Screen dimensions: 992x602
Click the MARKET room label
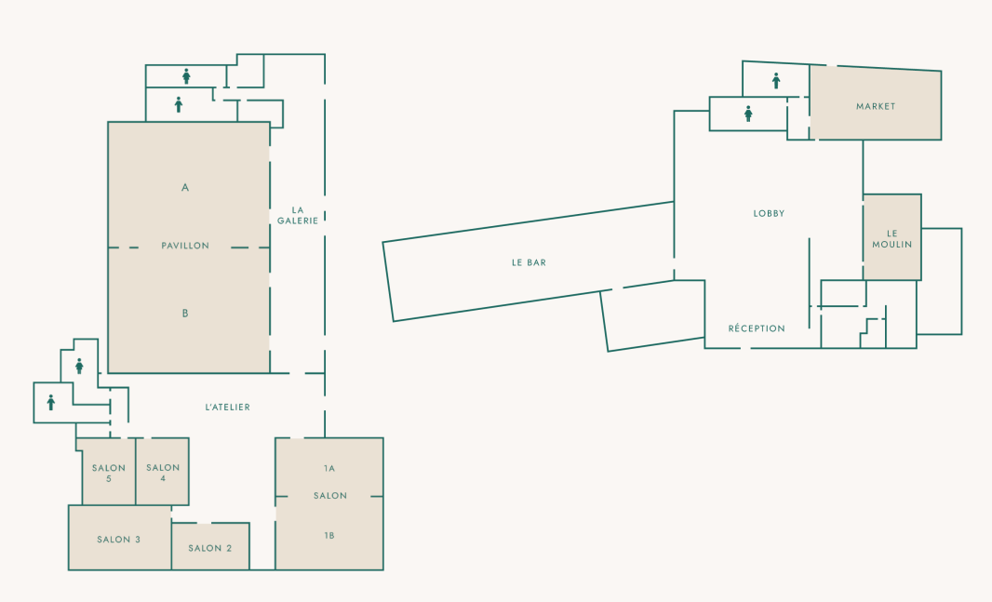pyautogui.click(x=876, y=106)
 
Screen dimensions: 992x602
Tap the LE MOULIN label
pyautogui.click(x=892, y=239)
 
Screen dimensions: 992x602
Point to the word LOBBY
pyautogui.click(x=769, y=214)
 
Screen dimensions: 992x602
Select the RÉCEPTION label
pyautogui.click(x=757, y=328)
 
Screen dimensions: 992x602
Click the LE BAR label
pyautogui.click(x=529, y=262)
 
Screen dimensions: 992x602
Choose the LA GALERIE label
pyautogui.click(x=298, y=215)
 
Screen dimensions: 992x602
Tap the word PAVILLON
pyautogui.click(x=185, y=246)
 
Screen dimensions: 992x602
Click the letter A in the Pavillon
pyautogui.click(x=185, y=187)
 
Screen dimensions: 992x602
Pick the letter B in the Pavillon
pyautogui.click(x=185, y=313)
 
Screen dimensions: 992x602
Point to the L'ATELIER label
pyautogui.click(x=228, y=408)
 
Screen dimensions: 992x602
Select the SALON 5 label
pyautogui.click(x=109, y=473)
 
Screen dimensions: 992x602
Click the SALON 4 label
pyautogui.click(x=163, y=473)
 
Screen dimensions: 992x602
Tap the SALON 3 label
pyautogui.click(x=118, y=540)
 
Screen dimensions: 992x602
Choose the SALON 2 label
pyautogui.click(x=210, y=548)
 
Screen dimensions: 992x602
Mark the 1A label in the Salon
pyautogui.click(x=329, y=469)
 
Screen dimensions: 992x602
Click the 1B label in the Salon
pyautogui.click(x=329, y=536)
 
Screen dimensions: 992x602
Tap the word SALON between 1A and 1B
pyautogui.click(x=330, y=496)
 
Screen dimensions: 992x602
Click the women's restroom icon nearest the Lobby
pyautogui.click(x=748, y=114)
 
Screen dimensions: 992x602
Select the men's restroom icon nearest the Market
pyautogui.click(x=776, y=80)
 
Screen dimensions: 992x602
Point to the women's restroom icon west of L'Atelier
pyautogui.click(x=79, y=367)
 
